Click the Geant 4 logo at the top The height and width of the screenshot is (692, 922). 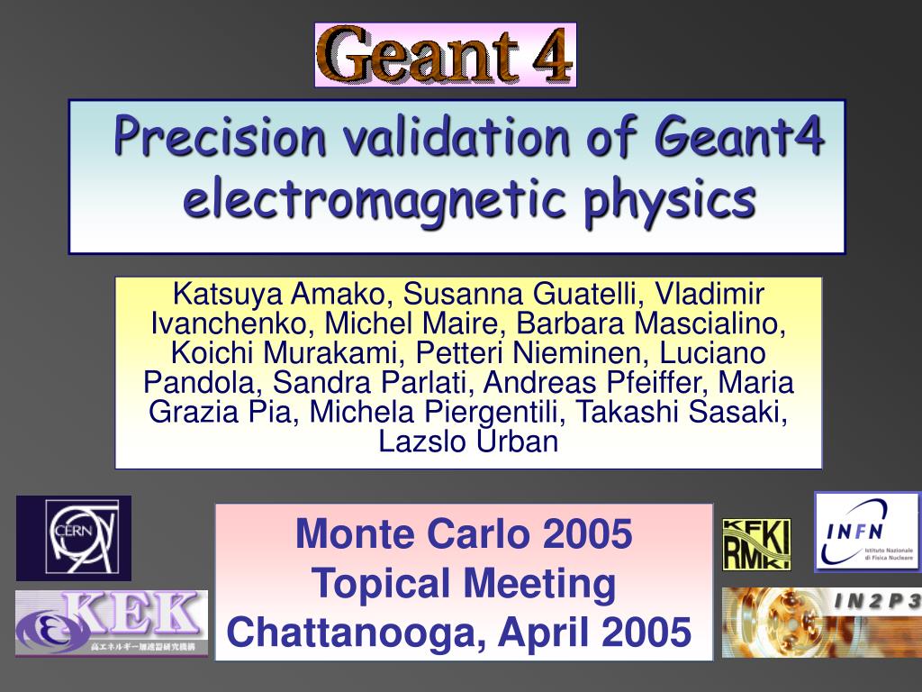pos(445,55)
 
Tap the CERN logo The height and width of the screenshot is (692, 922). pos(74,538)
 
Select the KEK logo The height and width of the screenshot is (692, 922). pos(112,623)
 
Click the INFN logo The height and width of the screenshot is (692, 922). pos(867,531)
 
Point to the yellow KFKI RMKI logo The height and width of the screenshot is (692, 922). pos(756,544)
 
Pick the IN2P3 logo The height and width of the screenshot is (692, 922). pos(821,622)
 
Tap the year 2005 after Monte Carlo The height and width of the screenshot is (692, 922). pos(587,534)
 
